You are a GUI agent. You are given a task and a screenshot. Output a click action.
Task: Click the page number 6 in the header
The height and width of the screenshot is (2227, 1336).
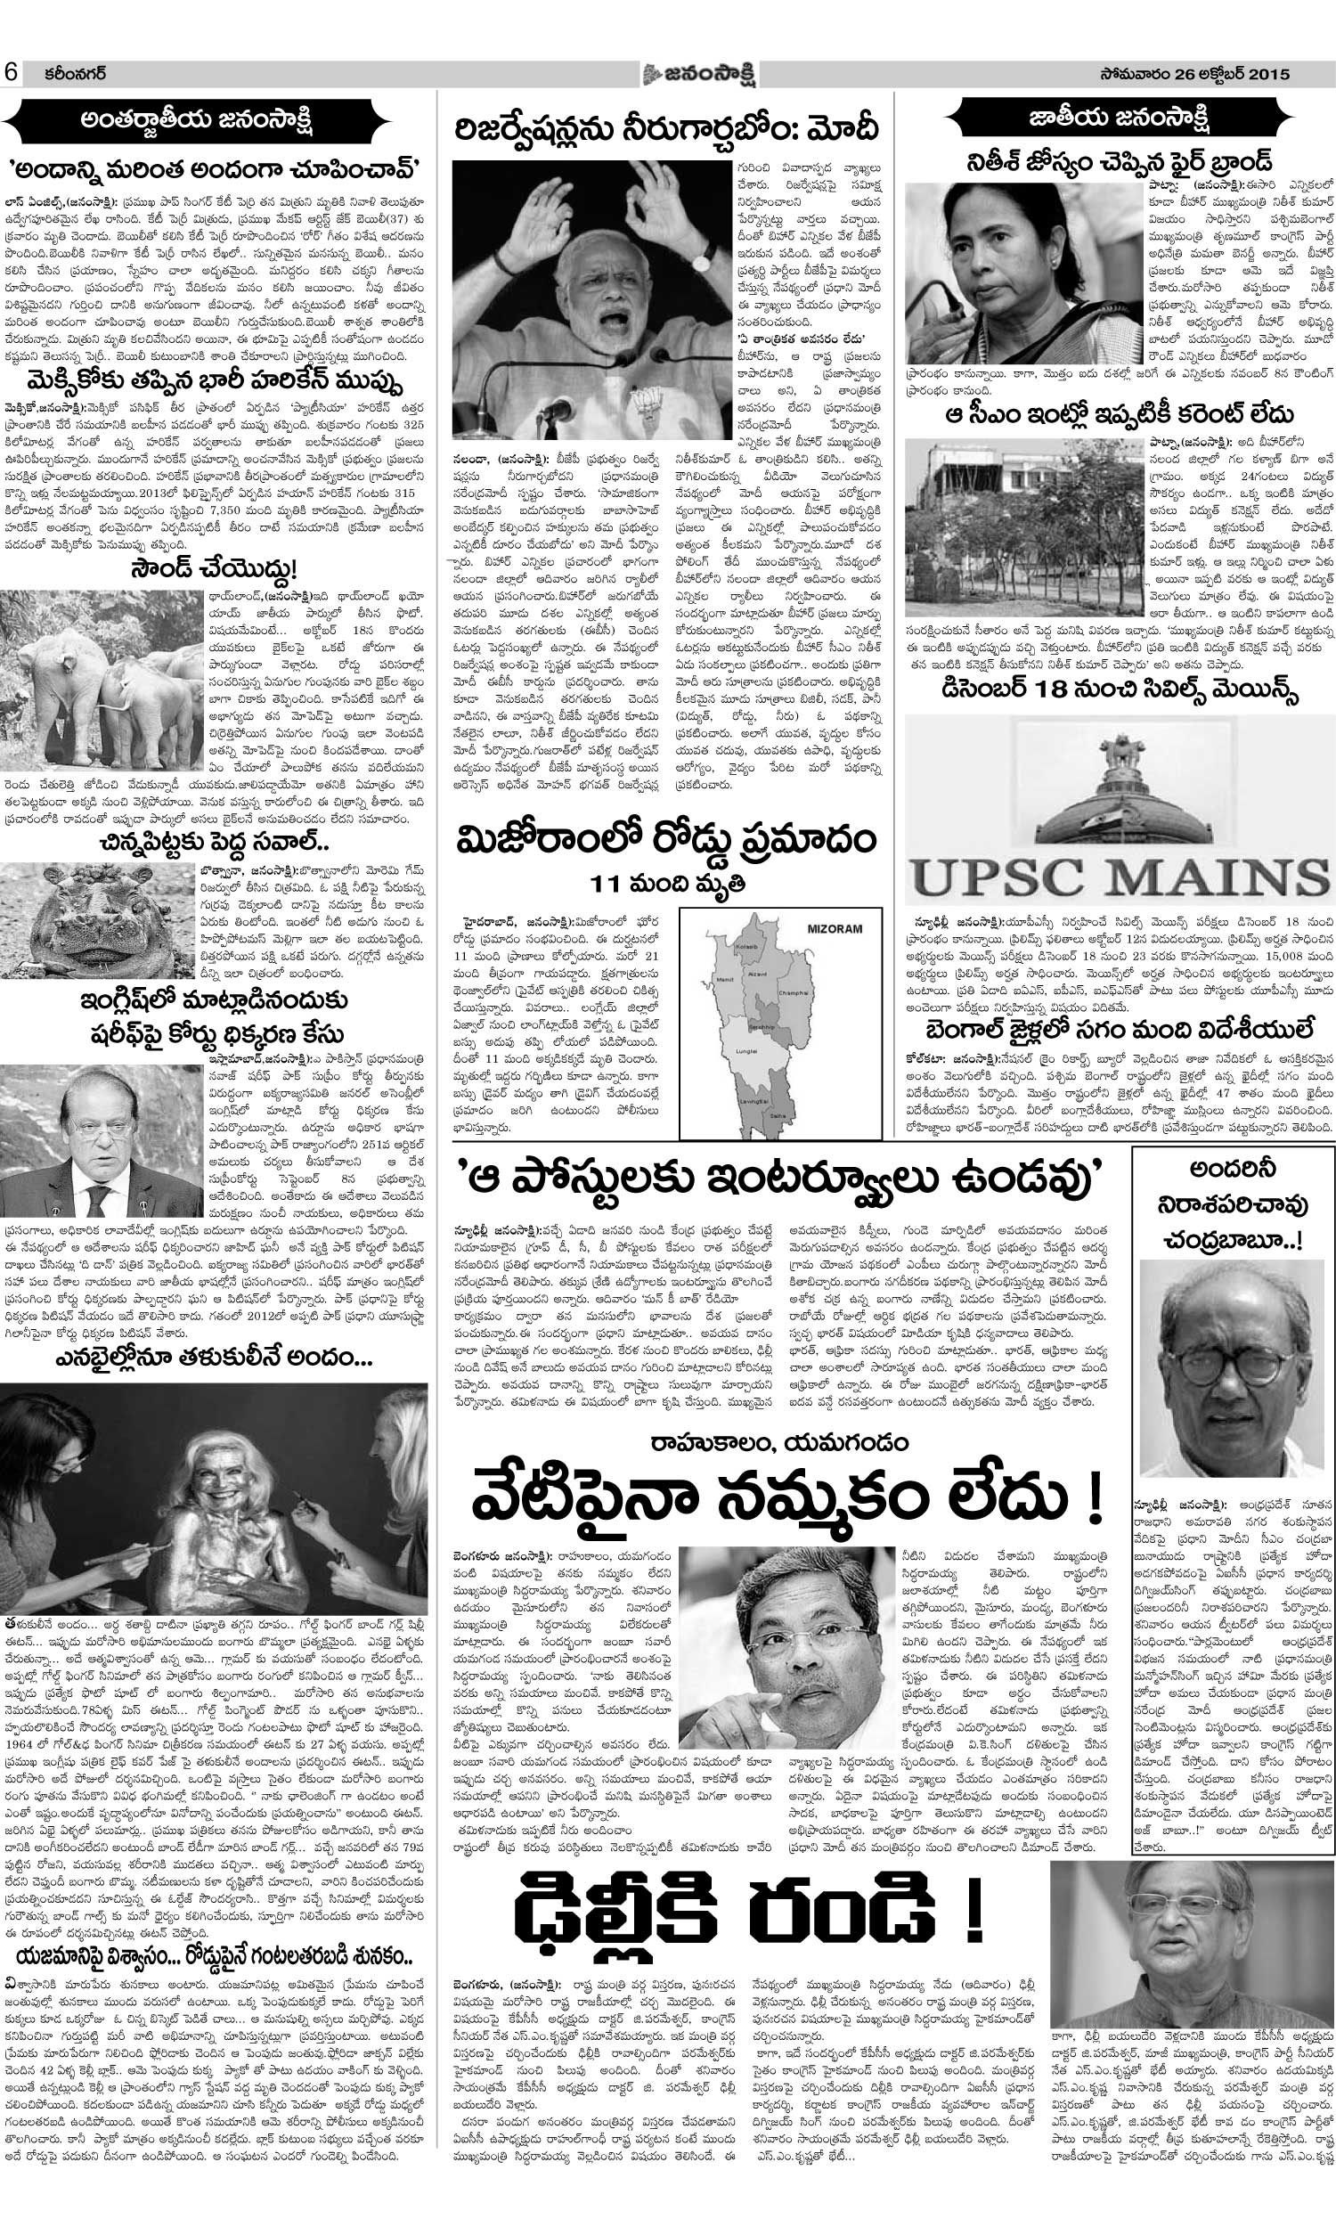13,74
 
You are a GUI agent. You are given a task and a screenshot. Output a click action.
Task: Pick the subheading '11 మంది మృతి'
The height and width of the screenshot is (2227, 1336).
667,881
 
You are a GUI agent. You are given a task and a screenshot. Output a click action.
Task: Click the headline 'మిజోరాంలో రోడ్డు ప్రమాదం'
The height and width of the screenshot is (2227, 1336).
666,843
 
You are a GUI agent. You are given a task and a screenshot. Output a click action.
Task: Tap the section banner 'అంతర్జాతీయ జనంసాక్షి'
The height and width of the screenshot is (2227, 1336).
209,118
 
